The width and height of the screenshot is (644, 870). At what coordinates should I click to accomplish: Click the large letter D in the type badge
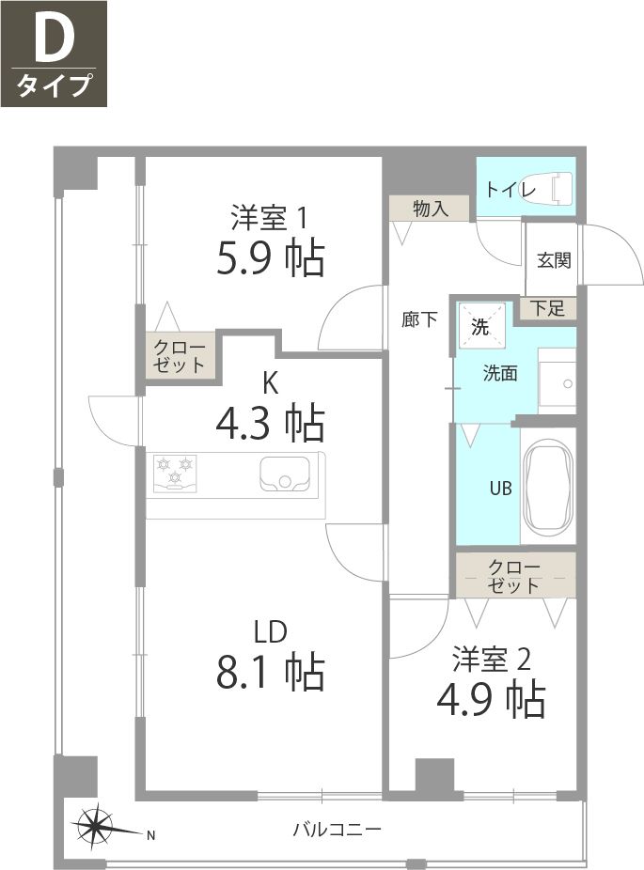pos(54,41)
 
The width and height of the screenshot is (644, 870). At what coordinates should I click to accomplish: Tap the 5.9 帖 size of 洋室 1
pos(271,257)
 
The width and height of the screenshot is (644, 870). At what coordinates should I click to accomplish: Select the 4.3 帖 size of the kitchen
pos(271,423)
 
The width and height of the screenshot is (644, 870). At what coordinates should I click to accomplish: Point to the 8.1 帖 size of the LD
pos(271,673)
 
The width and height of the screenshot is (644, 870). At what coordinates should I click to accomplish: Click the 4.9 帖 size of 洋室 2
pos(491,699)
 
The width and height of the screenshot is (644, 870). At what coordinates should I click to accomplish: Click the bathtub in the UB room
pos(546,492)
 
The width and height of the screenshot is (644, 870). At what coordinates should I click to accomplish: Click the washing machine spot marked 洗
pos(480,328)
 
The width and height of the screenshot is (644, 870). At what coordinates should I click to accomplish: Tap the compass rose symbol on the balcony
pos(99,828)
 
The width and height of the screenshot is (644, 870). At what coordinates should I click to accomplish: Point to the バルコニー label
pos(336,830)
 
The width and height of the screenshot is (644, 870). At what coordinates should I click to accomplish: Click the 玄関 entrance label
pos(554,260)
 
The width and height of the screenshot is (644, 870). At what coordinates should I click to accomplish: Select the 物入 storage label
pos(430,209)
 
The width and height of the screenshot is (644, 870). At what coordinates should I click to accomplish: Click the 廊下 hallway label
pos(418,319)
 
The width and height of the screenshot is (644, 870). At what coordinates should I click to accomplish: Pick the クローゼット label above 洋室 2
pos(514,576)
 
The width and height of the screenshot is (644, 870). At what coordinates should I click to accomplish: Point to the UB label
pos(499,489)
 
